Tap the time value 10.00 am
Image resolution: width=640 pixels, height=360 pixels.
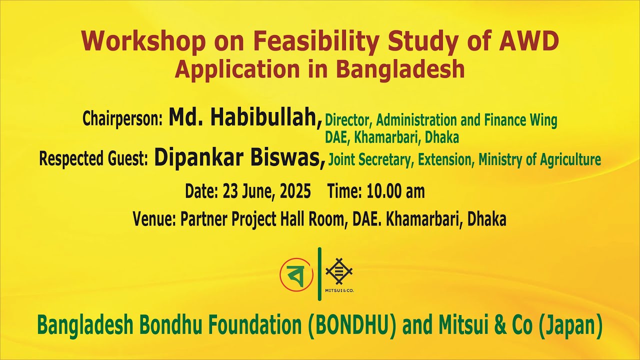click(395, 191)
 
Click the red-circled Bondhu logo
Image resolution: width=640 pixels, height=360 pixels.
click(296, 274)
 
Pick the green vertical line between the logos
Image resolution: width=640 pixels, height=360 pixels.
click(319, 274)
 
